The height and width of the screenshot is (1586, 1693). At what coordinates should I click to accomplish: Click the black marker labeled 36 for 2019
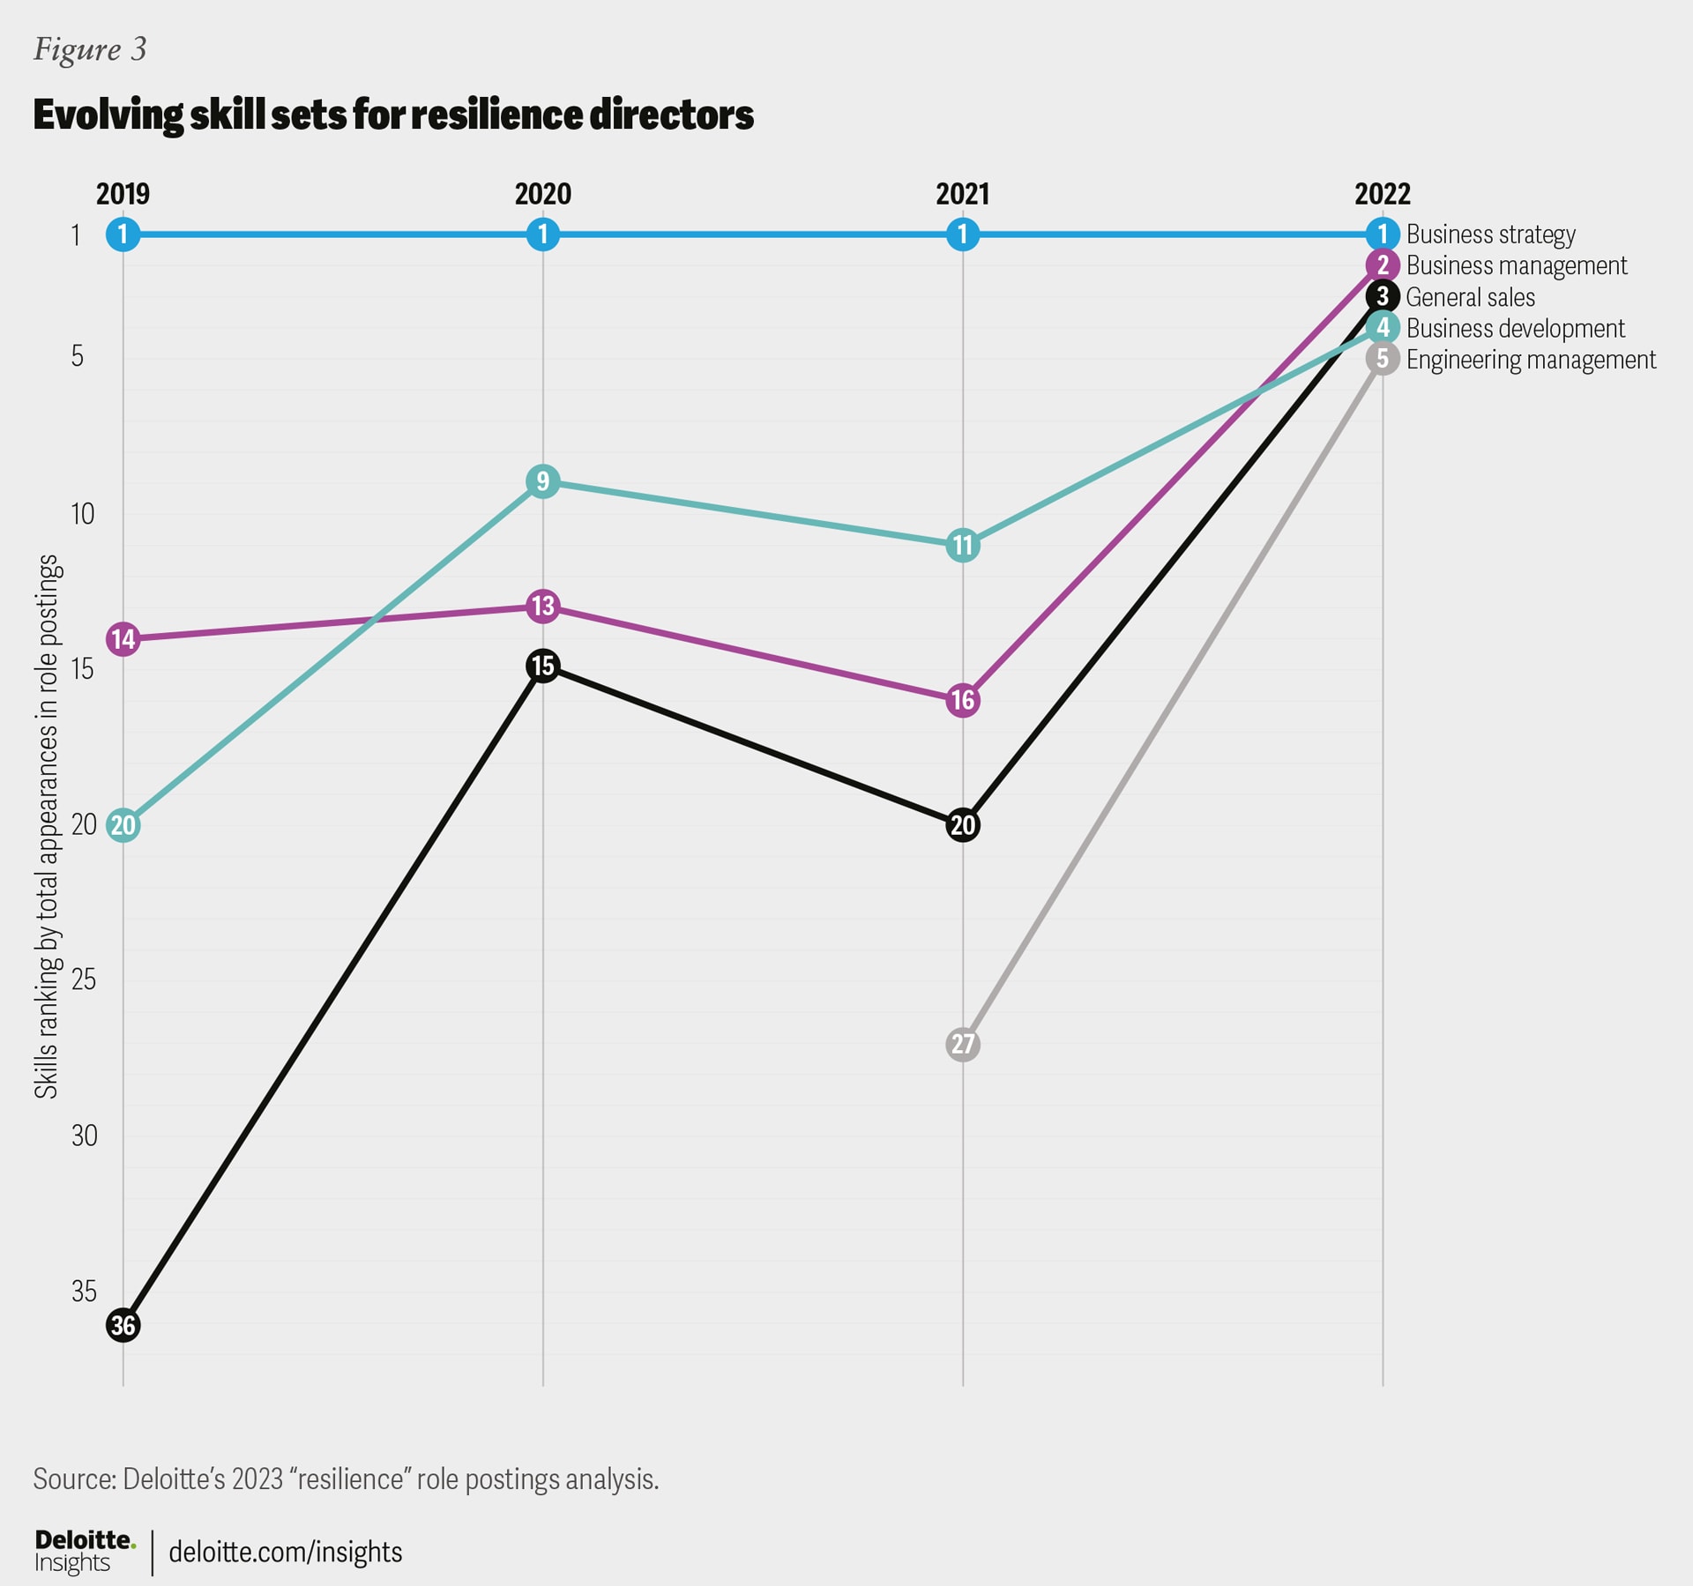point(123,1325)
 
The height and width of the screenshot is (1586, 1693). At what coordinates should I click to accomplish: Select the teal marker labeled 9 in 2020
point(543,481)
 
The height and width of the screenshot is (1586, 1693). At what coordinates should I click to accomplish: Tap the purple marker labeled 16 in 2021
point(963,701)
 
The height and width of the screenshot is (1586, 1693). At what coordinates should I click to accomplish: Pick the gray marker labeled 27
point(963,1044)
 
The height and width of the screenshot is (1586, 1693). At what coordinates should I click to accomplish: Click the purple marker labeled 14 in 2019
point(123,638)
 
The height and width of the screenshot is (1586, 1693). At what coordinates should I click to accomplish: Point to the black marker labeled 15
point(543,666)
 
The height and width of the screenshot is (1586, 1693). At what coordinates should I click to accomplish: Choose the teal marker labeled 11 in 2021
point(963,546)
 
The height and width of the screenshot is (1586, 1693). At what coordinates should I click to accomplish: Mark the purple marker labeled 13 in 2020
point(543,607)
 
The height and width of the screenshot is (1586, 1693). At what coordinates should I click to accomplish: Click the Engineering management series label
point(1531,360)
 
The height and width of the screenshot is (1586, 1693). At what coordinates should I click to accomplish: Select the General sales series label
point(1470,297)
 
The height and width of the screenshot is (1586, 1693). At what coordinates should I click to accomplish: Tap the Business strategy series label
point(1490,235)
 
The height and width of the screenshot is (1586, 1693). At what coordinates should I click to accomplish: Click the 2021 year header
point(963,194)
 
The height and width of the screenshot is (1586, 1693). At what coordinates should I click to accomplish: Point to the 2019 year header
point(123,194)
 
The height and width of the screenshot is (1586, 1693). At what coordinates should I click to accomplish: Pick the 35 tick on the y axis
point(84,1292)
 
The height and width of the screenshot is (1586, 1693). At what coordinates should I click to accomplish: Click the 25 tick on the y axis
point(84,979)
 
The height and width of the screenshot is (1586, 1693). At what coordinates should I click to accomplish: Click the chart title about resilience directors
point(393,115)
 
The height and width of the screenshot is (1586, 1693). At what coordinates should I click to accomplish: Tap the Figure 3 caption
point(90,49)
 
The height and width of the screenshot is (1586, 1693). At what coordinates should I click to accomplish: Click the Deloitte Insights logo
point(85,1552)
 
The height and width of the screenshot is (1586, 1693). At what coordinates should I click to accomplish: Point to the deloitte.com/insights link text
point(285,1552)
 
